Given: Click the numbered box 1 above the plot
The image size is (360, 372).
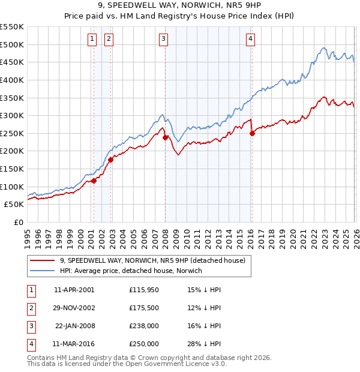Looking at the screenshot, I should pyautogui.click(x=92, y=40).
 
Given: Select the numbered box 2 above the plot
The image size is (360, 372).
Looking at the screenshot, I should pyautogui.click(x=109, y=40).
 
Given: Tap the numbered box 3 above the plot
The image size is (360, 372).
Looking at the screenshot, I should pyautogui.click(x=163, y=40).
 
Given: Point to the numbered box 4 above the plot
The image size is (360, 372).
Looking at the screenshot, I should pyautogui.click(x=250, y=40).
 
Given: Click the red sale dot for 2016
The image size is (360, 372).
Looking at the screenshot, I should pyautogui.click(x=252, y=134).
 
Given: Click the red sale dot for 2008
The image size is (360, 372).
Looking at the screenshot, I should pyautogui.click(x=166, y=137).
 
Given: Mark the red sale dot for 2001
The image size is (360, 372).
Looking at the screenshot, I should pyautogui.click(x=94, y=181).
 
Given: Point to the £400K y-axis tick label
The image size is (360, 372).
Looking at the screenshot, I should pyautogui.click(x=12, y=80).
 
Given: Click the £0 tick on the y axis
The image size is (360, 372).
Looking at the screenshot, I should pyautogui.click(x=19, y=222).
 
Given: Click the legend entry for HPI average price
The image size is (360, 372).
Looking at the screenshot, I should pyautogui.click(x=131, y=271).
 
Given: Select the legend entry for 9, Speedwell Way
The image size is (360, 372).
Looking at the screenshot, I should pyautogui.click(x=152, y=261).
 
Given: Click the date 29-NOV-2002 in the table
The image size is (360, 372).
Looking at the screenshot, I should pyautogui.click(x=74, y=308).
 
